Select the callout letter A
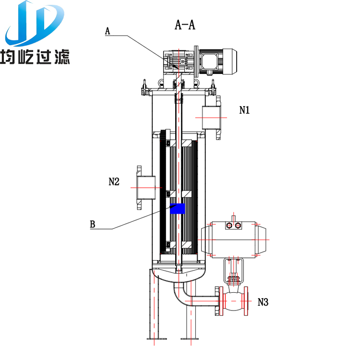(x=108, y=31)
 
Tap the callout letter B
(x=93, y=223)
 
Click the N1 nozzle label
(x=245, y=110)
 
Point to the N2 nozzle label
(x=114, y=181)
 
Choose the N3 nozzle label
(x=263, y=302)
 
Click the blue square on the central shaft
(x=178, y=208)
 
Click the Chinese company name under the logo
(x=36, y=57)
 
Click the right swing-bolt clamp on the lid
(x=212, y=90)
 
